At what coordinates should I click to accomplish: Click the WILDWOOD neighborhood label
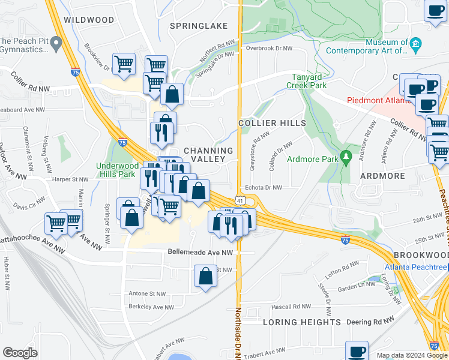click(89, 20)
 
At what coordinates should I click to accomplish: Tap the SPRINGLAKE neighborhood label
click(198, 26)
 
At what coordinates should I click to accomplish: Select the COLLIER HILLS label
click(272, 123)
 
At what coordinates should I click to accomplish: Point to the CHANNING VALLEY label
click(208, 155)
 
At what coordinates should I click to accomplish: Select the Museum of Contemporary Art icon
click(415, 43)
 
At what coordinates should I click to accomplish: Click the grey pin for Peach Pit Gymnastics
click(56, 43)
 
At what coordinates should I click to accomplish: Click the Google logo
click(20, 353)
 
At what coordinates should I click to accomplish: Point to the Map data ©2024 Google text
click(412, 355)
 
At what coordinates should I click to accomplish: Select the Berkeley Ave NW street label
click(151, 307)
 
